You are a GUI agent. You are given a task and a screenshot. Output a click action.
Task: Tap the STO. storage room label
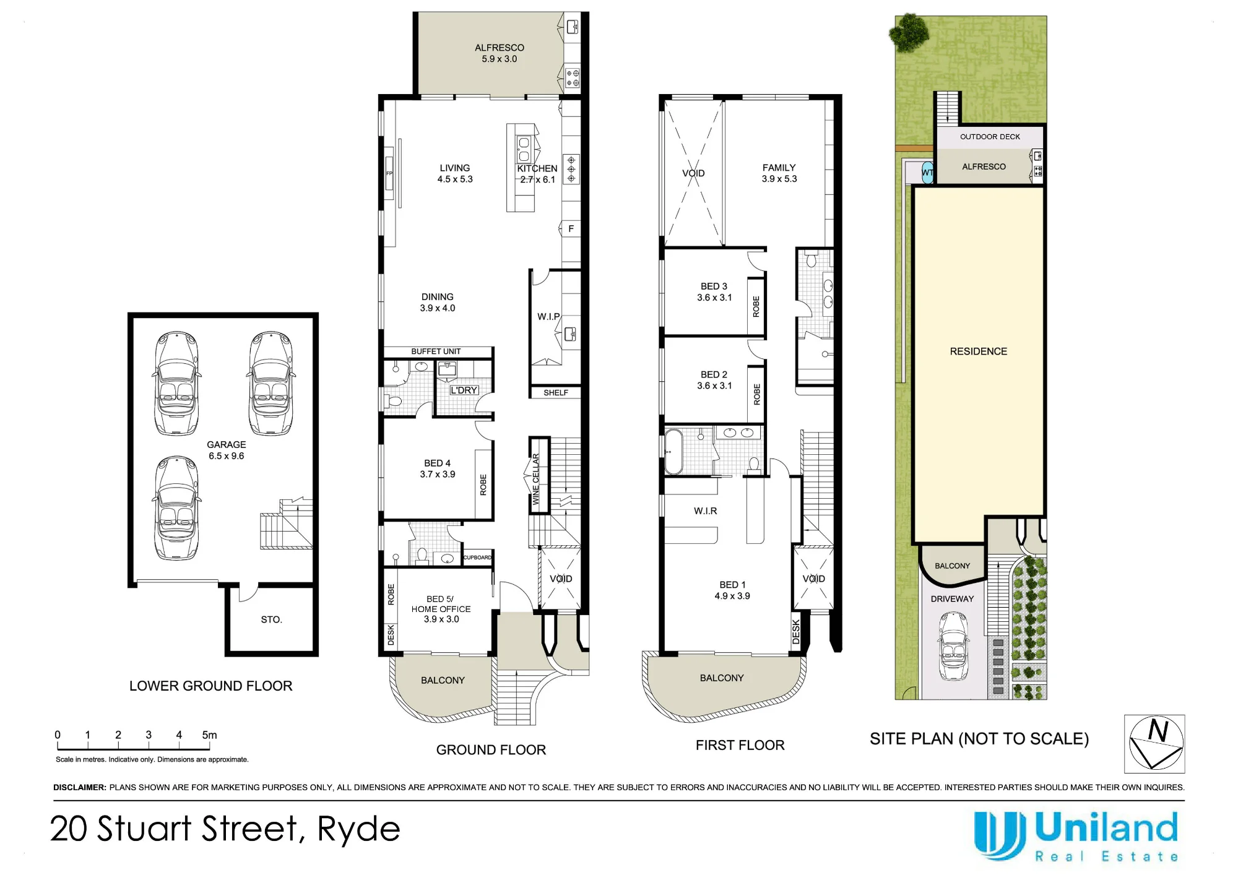click(271, 619)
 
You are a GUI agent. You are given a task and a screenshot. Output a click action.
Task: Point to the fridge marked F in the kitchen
click(571, 229)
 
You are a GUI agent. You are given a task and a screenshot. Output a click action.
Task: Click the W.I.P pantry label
click(548, 316)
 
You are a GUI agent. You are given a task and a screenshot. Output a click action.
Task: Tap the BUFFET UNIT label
click(436, 351)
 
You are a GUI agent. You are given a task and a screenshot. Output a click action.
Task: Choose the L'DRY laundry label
click(464, 390)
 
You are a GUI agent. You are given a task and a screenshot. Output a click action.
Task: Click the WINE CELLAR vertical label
click(536, 479)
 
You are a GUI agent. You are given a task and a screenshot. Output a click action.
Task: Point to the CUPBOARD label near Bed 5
click(477, 558)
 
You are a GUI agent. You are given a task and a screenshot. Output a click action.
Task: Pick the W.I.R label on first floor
click(706, 511)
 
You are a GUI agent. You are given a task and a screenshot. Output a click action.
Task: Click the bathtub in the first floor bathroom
click(673, 451)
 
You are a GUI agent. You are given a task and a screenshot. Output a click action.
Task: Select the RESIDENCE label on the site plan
click(979, 351)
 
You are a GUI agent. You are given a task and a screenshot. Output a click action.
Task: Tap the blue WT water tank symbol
click(927, 173)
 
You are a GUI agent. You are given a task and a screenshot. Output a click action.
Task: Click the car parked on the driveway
click(953, 646)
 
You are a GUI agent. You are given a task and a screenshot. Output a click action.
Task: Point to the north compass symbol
click(1154, 744)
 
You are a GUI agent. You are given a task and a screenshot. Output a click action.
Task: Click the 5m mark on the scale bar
click(209, 735)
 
